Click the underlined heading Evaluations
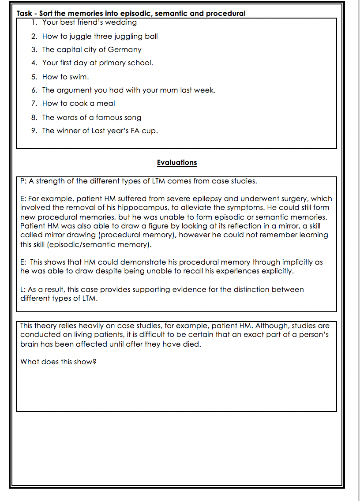point(176,163)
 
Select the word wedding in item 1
point(122,22)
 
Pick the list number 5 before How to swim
point(34,77)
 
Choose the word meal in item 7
point(106,104)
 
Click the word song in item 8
point(132,117)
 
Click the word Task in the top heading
point(24,13)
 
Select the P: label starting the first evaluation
point(24,181)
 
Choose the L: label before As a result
point(23,290)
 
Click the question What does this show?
point(58,362)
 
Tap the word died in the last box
point(193,344)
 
